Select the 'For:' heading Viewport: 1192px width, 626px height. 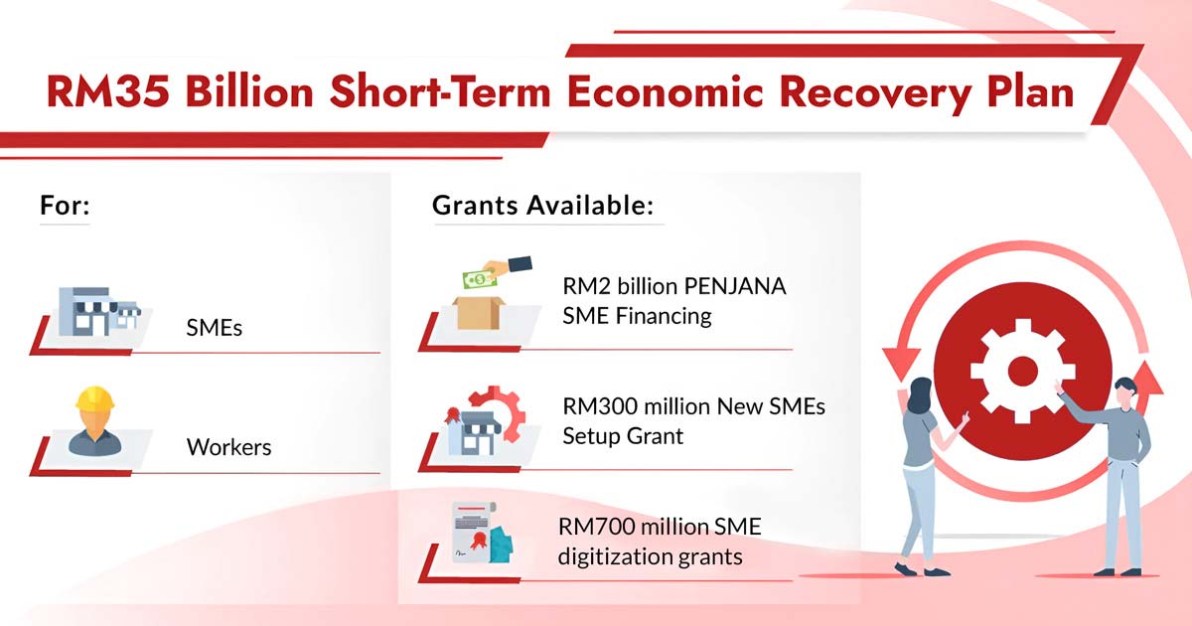[x=65, y=207]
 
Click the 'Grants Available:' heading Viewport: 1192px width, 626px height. [x=542, y=207]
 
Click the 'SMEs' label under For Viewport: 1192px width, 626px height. [x=214, y=327]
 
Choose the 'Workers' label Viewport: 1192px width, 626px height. [x=228, y=447]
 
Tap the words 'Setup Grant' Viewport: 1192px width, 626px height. [x=623, y=435]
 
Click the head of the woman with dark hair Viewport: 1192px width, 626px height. [x=920, y=391]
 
